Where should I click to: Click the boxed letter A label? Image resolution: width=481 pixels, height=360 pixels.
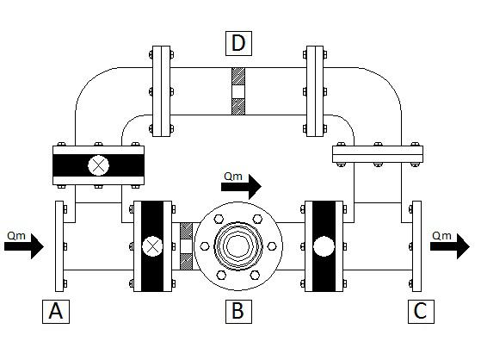[56, 312]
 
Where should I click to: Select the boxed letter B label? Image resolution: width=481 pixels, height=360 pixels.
[238, 312]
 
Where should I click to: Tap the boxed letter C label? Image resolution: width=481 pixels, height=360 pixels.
[421, 312]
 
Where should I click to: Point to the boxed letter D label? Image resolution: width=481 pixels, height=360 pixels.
[238, 43]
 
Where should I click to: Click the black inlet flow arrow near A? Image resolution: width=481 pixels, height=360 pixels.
[24, 246]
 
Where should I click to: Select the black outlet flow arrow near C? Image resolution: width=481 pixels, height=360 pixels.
[450, 246]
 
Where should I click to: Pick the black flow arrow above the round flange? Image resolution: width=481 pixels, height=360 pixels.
[241, 186]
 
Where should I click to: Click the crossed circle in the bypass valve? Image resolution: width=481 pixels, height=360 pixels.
[98, 165]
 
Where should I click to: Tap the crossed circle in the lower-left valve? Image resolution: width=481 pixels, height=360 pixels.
[152, 246]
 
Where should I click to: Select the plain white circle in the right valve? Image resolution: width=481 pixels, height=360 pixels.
[324, 246]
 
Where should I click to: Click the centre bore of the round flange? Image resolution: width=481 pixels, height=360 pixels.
[238, 246]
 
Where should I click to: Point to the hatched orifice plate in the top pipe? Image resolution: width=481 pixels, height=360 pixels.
[238, 91]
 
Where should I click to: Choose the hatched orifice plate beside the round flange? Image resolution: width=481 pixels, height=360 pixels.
[186, 246]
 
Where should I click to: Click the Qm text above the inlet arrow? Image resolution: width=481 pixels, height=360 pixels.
[16, 236]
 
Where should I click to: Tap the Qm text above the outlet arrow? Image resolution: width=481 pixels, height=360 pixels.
[441, 236]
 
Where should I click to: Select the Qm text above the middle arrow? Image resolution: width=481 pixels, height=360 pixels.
[233, 177]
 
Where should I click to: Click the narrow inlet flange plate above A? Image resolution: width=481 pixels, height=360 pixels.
[59, 246]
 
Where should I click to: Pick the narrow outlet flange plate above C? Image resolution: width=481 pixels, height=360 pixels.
[416, 246]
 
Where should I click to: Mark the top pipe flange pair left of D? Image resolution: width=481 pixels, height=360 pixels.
[162, 91]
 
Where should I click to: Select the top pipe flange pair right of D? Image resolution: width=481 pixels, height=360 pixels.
[315, 91]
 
